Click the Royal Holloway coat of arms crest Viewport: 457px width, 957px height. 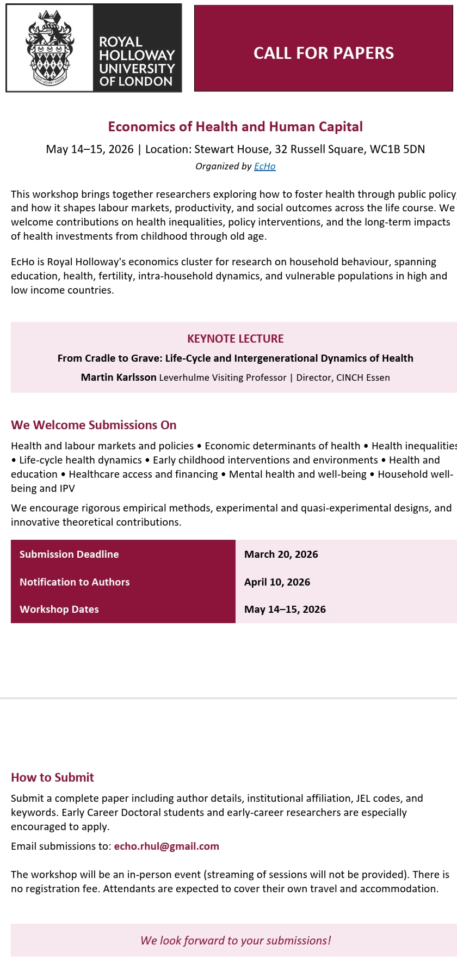tap(50, 48)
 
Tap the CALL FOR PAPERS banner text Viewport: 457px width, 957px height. tap(324, 53)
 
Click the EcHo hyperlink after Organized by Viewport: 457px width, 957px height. tap(265, 166)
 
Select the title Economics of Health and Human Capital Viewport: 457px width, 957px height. tap(235, 126)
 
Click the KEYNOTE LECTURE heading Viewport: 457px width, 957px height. tap(235, 339)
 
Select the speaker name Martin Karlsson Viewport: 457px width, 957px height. tap(119, 377)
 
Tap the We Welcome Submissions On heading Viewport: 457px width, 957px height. tap(94, 425)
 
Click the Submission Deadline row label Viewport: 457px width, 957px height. tap(69, 554)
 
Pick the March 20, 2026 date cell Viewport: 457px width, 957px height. tap(281, 554)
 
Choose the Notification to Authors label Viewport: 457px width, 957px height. tap(75, 582)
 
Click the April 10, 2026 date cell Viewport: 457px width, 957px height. tap(277, 582)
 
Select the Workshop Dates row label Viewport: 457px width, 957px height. tap(59, 609)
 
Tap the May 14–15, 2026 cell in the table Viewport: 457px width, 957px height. tap(285, 609)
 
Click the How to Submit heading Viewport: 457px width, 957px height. tap(52, 777)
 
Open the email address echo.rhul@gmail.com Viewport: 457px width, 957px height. tap(166, 846)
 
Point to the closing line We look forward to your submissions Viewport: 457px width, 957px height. tap(235, 940)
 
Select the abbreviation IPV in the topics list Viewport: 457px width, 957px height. tap(67, 488)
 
